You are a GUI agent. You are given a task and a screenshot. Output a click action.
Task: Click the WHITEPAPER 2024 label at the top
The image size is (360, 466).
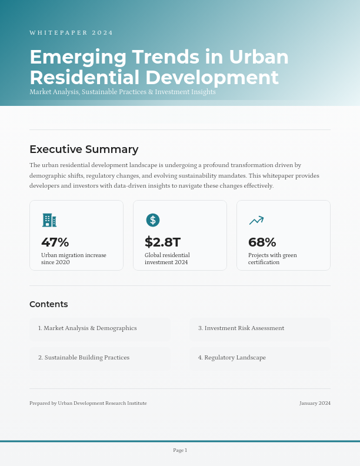71,33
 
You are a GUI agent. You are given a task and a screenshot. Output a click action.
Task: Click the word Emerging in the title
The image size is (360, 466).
78,57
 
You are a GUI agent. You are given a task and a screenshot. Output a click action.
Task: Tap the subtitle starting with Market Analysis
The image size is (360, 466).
122,92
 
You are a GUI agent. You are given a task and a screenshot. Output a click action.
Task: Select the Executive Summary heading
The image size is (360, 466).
84,149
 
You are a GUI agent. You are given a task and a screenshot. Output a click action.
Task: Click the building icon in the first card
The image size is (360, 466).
49,220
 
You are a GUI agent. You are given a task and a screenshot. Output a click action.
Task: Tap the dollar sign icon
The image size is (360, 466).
153,220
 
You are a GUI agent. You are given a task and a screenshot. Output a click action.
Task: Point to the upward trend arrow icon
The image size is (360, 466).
256,220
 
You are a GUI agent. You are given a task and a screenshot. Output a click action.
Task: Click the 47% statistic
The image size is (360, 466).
55,242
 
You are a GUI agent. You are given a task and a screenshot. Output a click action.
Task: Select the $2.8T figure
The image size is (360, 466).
162,242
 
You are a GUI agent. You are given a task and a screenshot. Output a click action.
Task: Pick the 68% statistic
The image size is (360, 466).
262,242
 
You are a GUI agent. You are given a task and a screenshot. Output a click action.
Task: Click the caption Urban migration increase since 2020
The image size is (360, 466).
74,259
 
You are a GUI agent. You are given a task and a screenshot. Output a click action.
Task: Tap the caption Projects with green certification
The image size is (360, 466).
272,259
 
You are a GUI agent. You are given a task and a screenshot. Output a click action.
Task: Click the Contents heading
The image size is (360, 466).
49,304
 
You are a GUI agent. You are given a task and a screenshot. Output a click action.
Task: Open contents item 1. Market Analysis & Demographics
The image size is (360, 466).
88,328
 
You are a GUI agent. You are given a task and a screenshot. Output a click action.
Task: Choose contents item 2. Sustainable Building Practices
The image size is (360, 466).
84,358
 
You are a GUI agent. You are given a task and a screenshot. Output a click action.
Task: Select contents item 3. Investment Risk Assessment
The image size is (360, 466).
241,328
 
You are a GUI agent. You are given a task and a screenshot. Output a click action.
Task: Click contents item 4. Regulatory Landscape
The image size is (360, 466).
232,358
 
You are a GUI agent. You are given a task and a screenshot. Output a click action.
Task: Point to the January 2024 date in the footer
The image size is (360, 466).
315,403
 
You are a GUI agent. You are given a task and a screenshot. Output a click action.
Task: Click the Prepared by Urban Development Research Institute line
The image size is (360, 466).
88,403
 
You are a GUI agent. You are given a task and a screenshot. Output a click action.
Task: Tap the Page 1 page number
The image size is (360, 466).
180,450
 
